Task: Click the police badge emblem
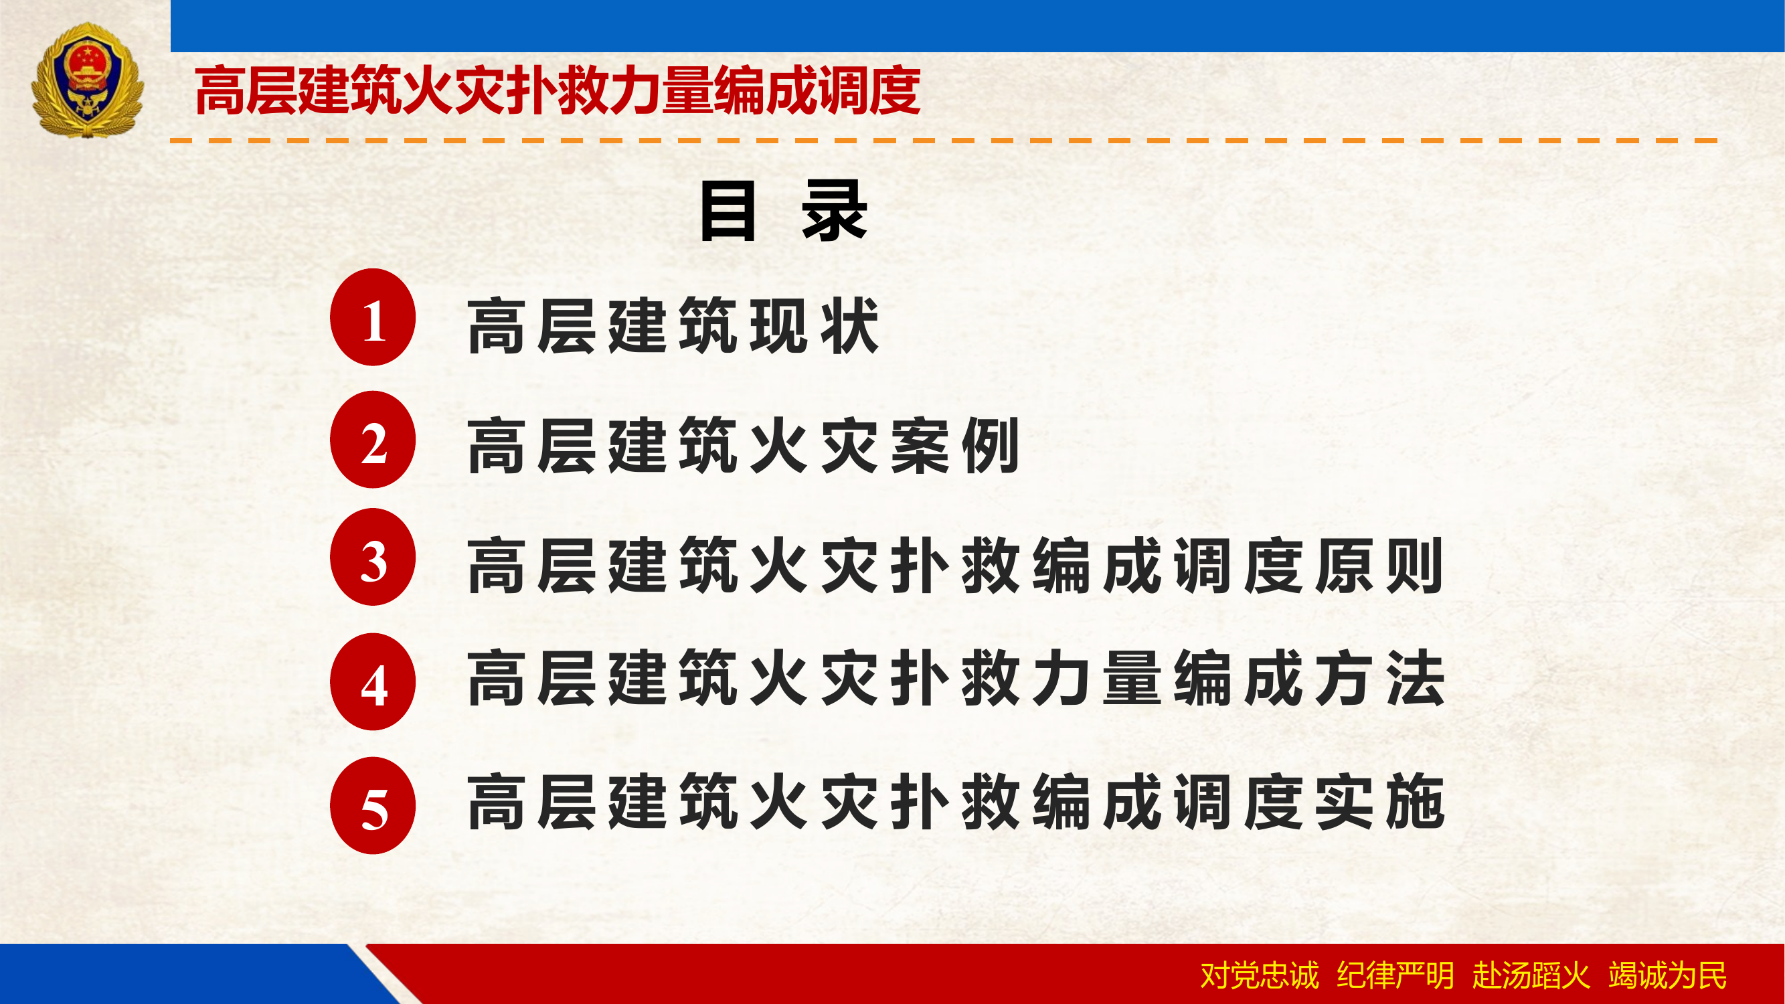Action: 87,80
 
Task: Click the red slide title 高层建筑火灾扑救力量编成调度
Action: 557,91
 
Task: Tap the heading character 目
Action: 727,211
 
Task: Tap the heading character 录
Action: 835,211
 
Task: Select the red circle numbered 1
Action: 373,317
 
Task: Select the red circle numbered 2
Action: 373,439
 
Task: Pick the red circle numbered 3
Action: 373,557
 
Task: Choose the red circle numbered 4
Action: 373,682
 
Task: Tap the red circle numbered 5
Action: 373,805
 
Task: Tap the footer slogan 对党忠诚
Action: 1259,976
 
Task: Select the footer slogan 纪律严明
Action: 1395,976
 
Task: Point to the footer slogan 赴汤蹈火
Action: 1531,976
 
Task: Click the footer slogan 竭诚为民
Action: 1667,976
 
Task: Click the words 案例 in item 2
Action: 955,446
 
